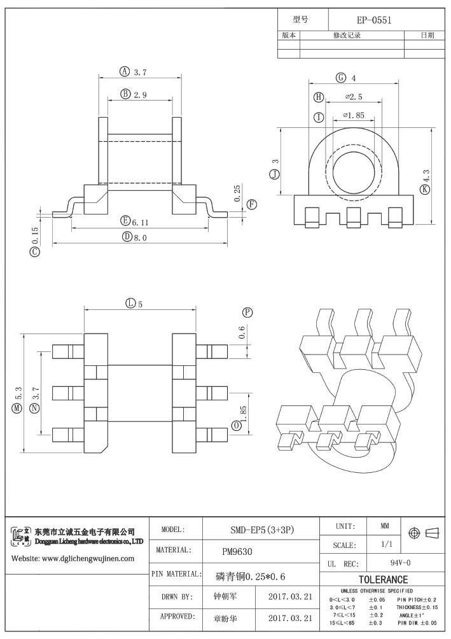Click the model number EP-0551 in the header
(373, 20)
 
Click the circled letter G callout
(341, 78)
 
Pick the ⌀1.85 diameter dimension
(353, 116)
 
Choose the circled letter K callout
(425, 189)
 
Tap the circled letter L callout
(130, 304)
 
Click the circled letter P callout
(247, 312)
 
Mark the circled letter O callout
(237, 425)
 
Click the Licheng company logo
(21, 535)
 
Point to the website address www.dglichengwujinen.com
(73, 559)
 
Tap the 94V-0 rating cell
(399, 563)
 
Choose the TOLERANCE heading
(383, 580)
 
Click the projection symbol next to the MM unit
(423, 532)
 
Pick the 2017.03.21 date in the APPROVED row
(290, 618)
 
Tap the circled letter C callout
(34, 252)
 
